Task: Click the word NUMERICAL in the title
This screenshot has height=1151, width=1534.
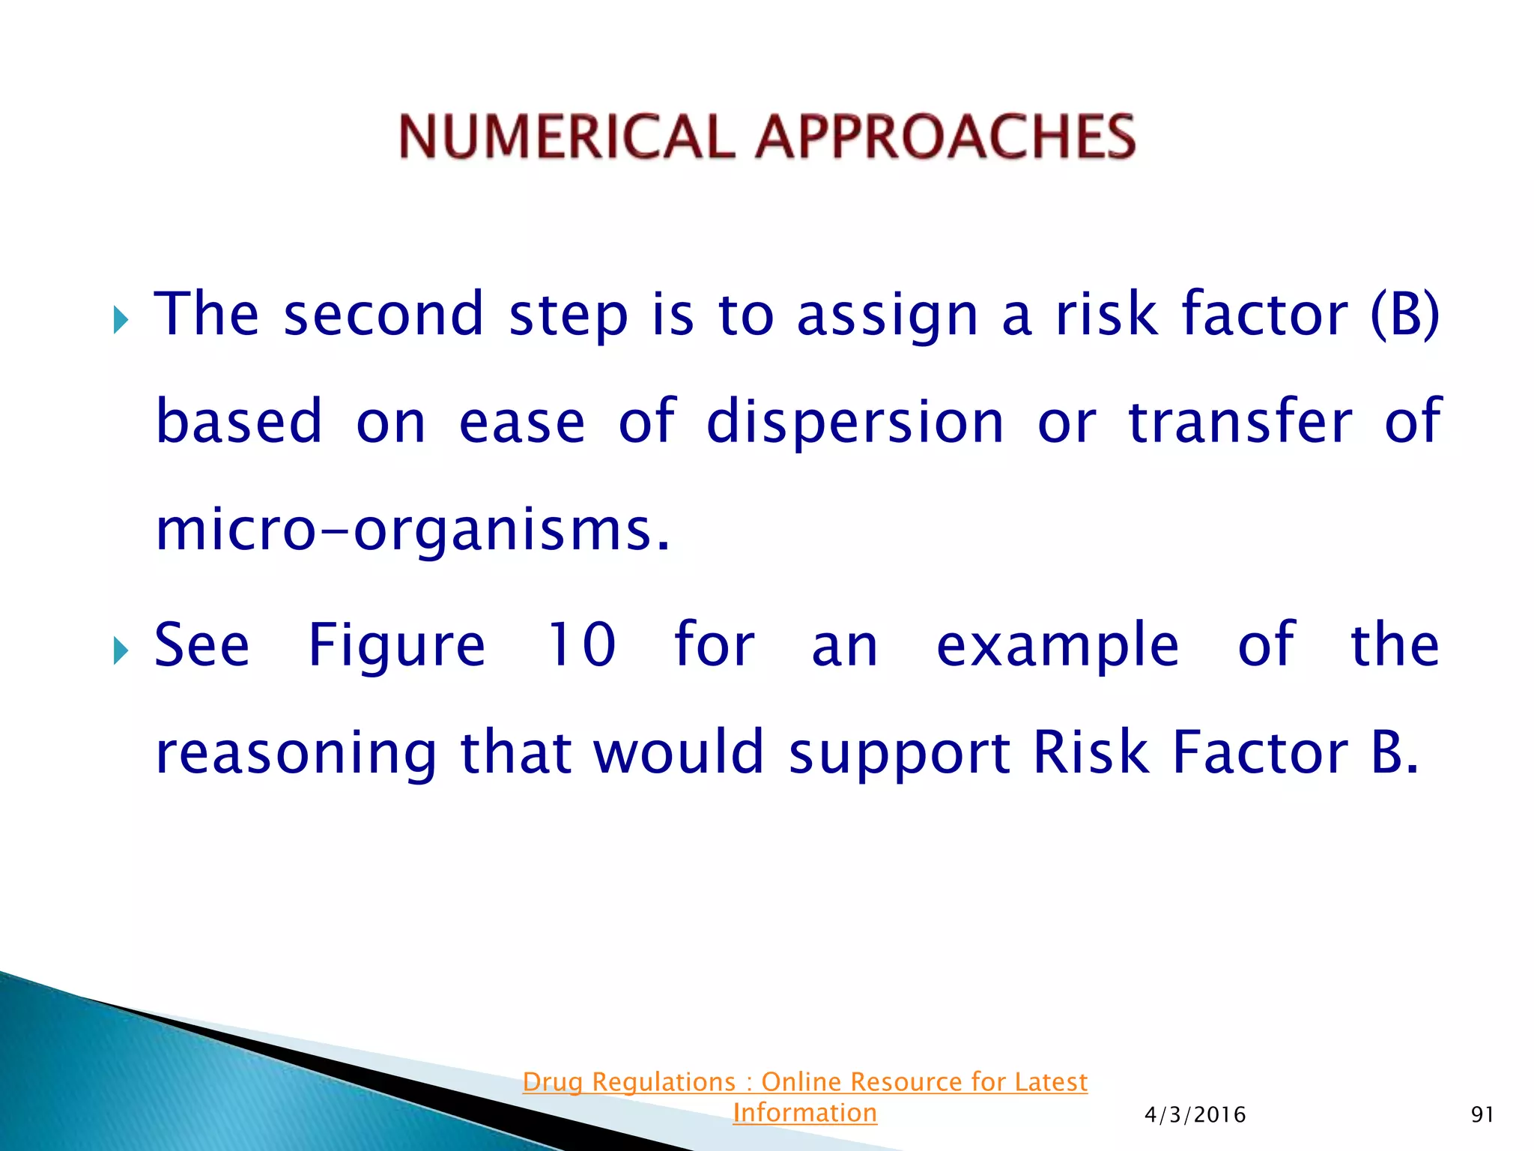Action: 566,137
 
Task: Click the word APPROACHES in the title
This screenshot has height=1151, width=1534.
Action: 945,137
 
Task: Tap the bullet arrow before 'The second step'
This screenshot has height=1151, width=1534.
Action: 121,321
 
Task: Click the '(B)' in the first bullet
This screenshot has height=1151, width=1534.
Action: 1404,315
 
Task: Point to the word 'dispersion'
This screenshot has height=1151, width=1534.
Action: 855,422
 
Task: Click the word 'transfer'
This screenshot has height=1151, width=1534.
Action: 1240,422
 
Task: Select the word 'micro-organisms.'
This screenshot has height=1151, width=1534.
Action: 412,531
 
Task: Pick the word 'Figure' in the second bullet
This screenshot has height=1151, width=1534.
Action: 397,646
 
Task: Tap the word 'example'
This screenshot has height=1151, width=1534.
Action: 1058,646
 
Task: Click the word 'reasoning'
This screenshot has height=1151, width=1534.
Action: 297,754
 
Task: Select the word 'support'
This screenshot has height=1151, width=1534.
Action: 899,754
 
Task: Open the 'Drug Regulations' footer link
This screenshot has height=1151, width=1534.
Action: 804,1082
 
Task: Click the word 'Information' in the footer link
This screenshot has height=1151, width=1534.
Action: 804,1113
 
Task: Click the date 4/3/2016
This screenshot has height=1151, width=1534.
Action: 1195,1115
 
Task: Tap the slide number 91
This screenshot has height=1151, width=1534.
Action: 1482,1115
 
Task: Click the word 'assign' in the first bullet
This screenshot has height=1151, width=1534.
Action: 888,315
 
